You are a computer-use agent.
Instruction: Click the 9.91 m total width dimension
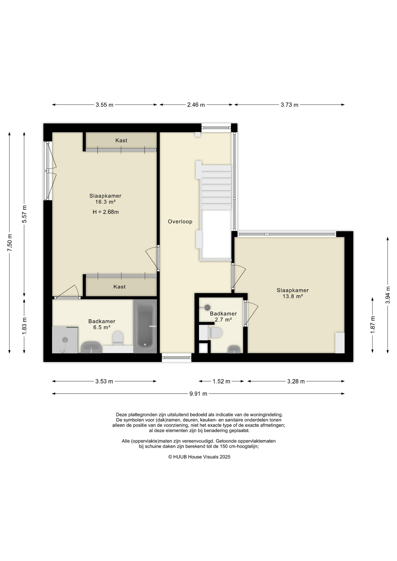pyautogui.click(x=198, y=394)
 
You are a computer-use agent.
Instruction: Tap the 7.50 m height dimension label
pyautogui.click(x=10, y=243)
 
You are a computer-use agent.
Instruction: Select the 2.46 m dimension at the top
pyautogui.click(x=196, y=105)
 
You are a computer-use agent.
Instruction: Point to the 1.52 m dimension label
pyautogui.click(x=221, y=381)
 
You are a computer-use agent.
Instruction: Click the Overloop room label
pyautogui.click(x=180, y=221)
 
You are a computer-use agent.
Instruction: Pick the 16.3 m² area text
pyautogui.click(x=105, y=202)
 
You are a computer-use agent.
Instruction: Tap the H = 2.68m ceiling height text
pyautogui.click(x=106, y=212)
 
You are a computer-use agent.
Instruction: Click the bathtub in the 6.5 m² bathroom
pyautogui.click(x=145, y=326)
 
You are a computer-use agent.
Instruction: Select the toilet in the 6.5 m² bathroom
pyautogui.click(x=118, y=338)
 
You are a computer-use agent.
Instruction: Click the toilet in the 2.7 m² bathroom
pyautogui.click(x=215, y=333)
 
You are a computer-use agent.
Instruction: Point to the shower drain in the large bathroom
pyautogui.click(x=65, y=340)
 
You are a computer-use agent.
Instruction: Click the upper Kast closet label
pyautogui.click(x=121, y=141)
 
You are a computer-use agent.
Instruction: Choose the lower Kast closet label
pyautogui.click(x=120, y=287)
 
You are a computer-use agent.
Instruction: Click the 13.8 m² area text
pyautogui.click(x=293, y=296)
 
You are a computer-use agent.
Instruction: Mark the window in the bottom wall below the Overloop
pyautogui.click(x=177, y=358)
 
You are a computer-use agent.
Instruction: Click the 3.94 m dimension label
pyautogui.click(x=388, y=295)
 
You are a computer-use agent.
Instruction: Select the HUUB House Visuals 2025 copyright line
pyautogui.click(x=199, y=457)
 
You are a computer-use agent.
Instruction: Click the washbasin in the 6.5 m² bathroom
pyautogui.click(x=91, y=347)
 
